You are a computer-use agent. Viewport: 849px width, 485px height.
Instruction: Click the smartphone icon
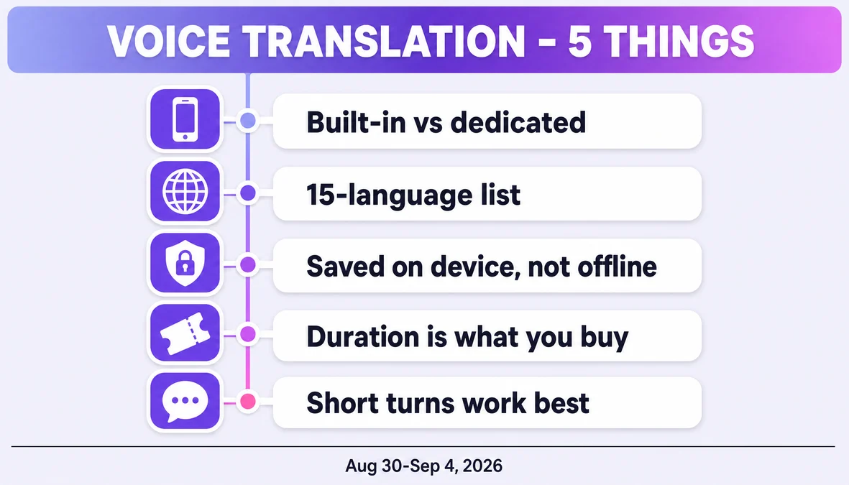[x=185, y=119]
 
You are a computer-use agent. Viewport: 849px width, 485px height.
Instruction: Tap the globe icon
[x=185, y=191]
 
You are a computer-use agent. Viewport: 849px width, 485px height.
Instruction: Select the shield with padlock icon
[x=185, y=263]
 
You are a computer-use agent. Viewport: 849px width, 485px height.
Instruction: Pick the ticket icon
[x=185, y=333]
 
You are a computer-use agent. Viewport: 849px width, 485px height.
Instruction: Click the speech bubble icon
[x=185, y=402]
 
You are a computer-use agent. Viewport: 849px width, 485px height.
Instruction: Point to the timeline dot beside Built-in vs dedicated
[x=248, y=121]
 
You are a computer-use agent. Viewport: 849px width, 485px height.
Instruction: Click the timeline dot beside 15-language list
[x=248, y=193]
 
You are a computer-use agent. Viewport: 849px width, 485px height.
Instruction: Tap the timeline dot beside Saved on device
[x=248, y=264]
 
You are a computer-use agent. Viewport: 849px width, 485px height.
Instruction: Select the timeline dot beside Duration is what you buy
[x=248, y=335]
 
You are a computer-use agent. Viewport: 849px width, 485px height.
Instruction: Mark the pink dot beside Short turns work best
[x=248, y=402]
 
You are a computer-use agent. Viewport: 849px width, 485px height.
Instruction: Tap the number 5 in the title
[x=579, y=41]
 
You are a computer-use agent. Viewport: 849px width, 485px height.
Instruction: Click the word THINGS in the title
[x=679, y=41]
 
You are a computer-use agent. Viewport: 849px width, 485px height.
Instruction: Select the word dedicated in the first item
[x=518, y=122]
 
